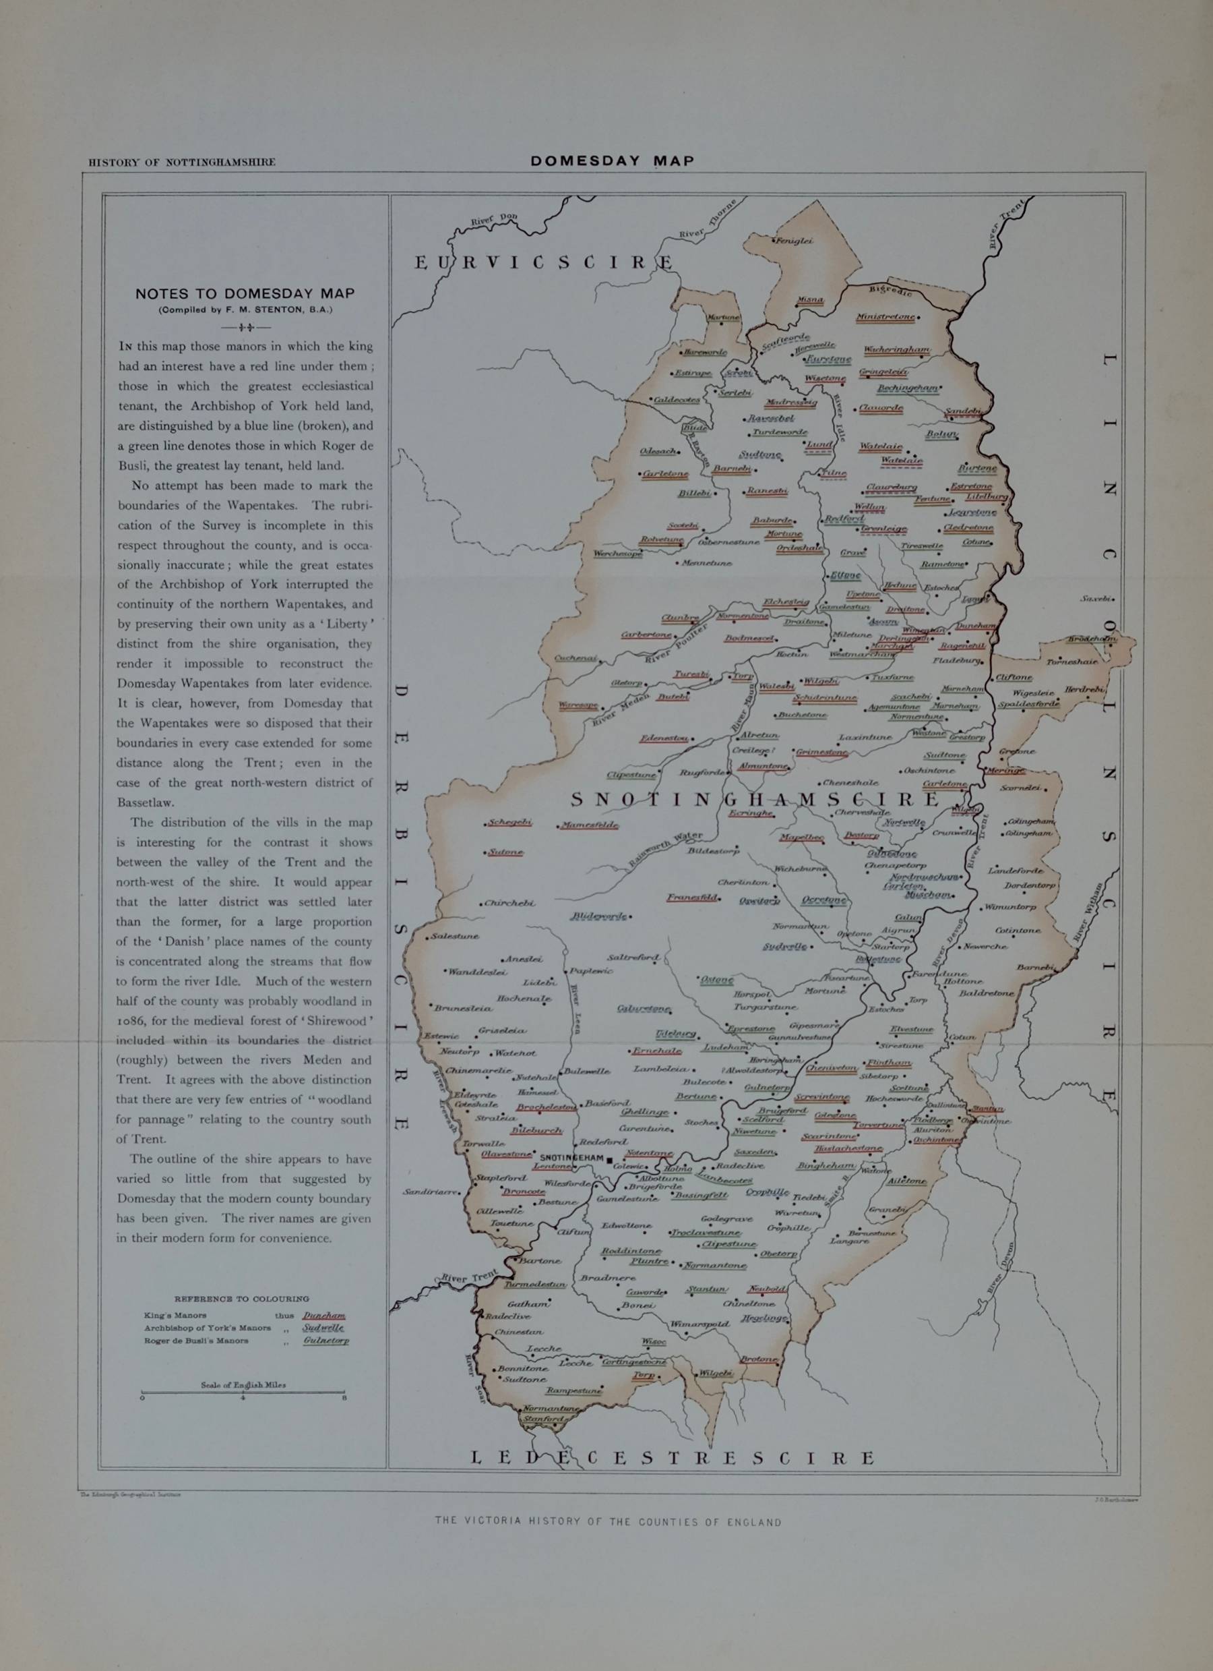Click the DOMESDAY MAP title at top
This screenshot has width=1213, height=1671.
click(612, 161)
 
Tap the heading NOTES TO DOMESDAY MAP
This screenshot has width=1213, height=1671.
click(245, 293)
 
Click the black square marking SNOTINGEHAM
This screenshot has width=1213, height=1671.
click(610, 1159)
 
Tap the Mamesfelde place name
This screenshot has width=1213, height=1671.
click(589, 825)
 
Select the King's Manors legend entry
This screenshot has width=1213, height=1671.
click(175, 1314)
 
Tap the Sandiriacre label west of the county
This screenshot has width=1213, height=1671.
click(430, 1192)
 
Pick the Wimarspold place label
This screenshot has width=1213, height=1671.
click(703, 1323)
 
